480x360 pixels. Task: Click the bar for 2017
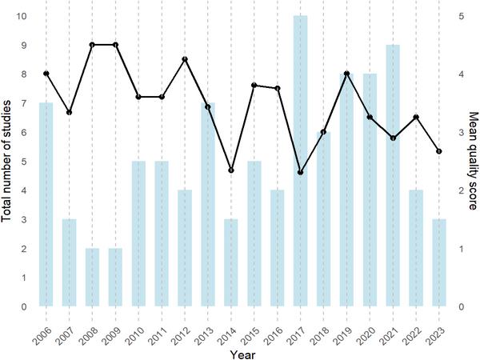coord(300,160)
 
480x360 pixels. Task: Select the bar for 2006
coord(46,204)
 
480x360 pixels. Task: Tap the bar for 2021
coord(393,175)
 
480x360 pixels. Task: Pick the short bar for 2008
coord(92,277)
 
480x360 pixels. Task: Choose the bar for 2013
coord(208,204)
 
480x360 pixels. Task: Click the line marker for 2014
coord(230,170)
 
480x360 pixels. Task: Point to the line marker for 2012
coord(185,59)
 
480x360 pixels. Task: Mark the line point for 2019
coord(346,74)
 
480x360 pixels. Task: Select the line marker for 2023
coord(439,150)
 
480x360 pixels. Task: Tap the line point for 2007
coord(69,112)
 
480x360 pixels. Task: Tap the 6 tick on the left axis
coord(24,132)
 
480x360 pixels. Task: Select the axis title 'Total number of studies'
coord(7,160)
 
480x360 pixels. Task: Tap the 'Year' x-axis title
coord(242,352)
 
